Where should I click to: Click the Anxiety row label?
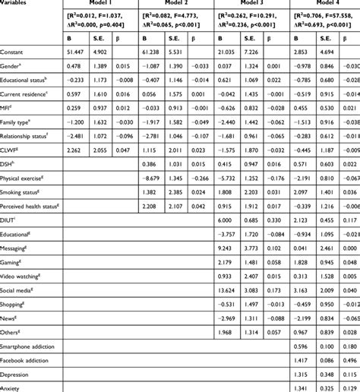tap(14, 388)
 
